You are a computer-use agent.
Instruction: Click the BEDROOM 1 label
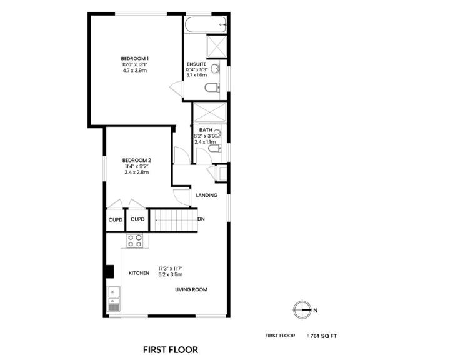(134, 59)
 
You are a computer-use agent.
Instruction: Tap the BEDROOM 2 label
(136, 160)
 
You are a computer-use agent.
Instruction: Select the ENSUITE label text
(197, 65)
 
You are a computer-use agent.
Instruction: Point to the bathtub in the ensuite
(204, 25)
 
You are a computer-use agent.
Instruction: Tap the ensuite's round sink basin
(216, 68)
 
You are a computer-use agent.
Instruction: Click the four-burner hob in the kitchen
(135, 240)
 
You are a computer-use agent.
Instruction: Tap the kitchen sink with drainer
(114, 299)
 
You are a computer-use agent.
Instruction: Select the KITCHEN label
(139, 274)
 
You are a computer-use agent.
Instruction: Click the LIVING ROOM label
(191, 289)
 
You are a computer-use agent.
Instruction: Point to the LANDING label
(206, 195)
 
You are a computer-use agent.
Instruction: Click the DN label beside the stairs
(201, 219)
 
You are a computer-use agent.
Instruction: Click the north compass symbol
(302, 309)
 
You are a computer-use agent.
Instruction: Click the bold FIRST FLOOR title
(171, 349)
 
